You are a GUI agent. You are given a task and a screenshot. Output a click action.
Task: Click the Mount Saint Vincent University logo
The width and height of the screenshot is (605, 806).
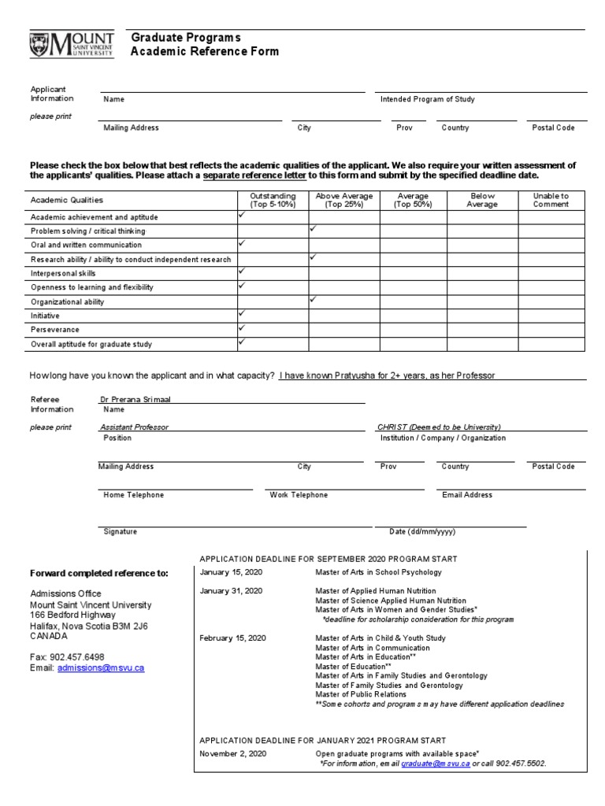[x=72, y=45]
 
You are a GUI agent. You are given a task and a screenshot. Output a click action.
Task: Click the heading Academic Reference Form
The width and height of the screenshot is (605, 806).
[x=204, y=52]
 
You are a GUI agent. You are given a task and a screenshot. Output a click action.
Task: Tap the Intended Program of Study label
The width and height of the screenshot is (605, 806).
[x=427, y=100]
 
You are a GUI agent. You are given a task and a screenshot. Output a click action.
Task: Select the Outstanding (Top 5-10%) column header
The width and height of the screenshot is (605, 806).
[x=273, y=200]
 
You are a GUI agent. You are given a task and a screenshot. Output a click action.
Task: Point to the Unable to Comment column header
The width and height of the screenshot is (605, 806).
[x=551, y=200]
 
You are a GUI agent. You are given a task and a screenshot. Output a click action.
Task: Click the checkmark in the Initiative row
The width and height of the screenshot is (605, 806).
[x=243, y=313]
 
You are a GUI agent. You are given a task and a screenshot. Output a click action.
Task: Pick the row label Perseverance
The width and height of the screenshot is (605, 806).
[x=54, y=330]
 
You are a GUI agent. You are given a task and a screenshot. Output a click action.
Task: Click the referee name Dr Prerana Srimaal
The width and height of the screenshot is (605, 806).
[x=135, y=400]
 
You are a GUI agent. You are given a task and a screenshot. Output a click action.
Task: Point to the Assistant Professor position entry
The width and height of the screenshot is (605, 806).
[x=135, y=427]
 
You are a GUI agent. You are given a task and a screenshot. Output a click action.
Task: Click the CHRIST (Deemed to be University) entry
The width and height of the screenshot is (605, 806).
[x=439, y=427]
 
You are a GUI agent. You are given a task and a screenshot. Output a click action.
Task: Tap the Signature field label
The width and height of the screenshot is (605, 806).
[x=120, y=532]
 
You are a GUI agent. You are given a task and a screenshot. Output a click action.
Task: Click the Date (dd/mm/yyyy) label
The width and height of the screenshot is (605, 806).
[x=421, y=532]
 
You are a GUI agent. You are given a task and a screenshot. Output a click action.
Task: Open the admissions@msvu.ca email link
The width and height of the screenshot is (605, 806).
[x=100, y=667]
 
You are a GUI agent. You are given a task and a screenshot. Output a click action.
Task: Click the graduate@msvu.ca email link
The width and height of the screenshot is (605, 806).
[x=436, y=763]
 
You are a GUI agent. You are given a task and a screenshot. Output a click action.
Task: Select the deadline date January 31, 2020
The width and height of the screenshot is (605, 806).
[x=232, y=590]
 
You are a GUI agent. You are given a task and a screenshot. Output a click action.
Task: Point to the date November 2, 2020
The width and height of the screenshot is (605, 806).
[x=233, y=753]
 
